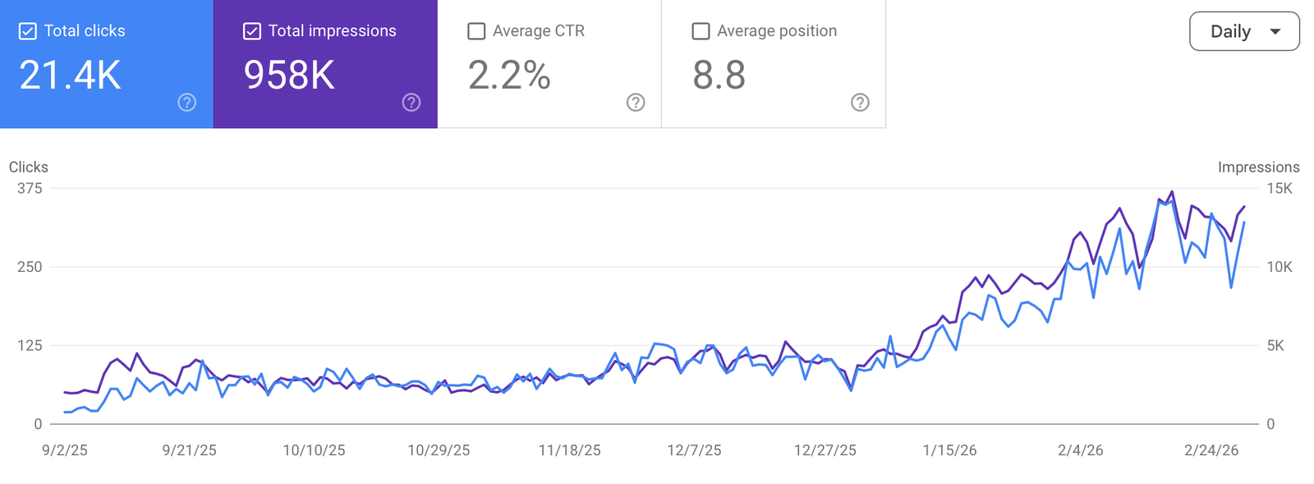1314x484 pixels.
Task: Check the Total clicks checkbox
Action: [28, 31]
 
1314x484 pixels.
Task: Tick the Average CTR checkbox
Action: [476, 31]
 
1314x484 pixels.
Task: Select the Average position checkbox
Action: [701, 31]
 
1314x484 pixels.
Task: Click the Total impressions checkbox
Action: [252, 31]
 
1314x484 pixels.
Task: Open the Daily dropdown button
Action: [1244, 31]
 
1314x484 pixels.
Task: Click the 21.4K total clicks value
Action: [70, 76]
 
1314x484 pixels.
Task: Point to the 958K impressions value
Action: [289, 76]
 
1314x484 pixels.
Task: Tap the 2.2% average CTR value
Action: [509, 76]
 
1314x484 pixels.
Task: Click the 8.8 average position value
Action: [719, 76]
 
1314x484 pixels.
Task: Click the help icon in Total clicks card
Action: [187, 102]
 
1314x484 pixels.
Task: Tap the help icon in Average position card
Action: [860, 102]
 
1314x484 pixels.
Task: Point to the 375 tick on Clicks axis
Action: [30, 188]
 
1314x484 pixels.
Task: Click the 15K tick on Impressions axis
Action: [1280, 188]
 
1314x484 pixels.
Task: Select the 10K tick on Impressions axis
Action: [1280, 267]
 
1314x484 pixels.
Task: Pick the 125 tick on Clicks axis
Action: [30, 346]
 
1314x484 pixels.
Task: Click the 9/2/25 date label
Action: [65, 450]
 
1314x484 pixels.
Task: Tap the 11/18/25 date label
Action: [569, 450]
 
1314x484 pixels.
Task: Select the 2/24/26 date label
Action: [1211, 450]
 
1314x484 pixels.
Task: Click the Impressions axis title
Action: [1258, 168]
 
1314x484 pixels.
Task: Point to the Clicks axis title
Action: [29, 168]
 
